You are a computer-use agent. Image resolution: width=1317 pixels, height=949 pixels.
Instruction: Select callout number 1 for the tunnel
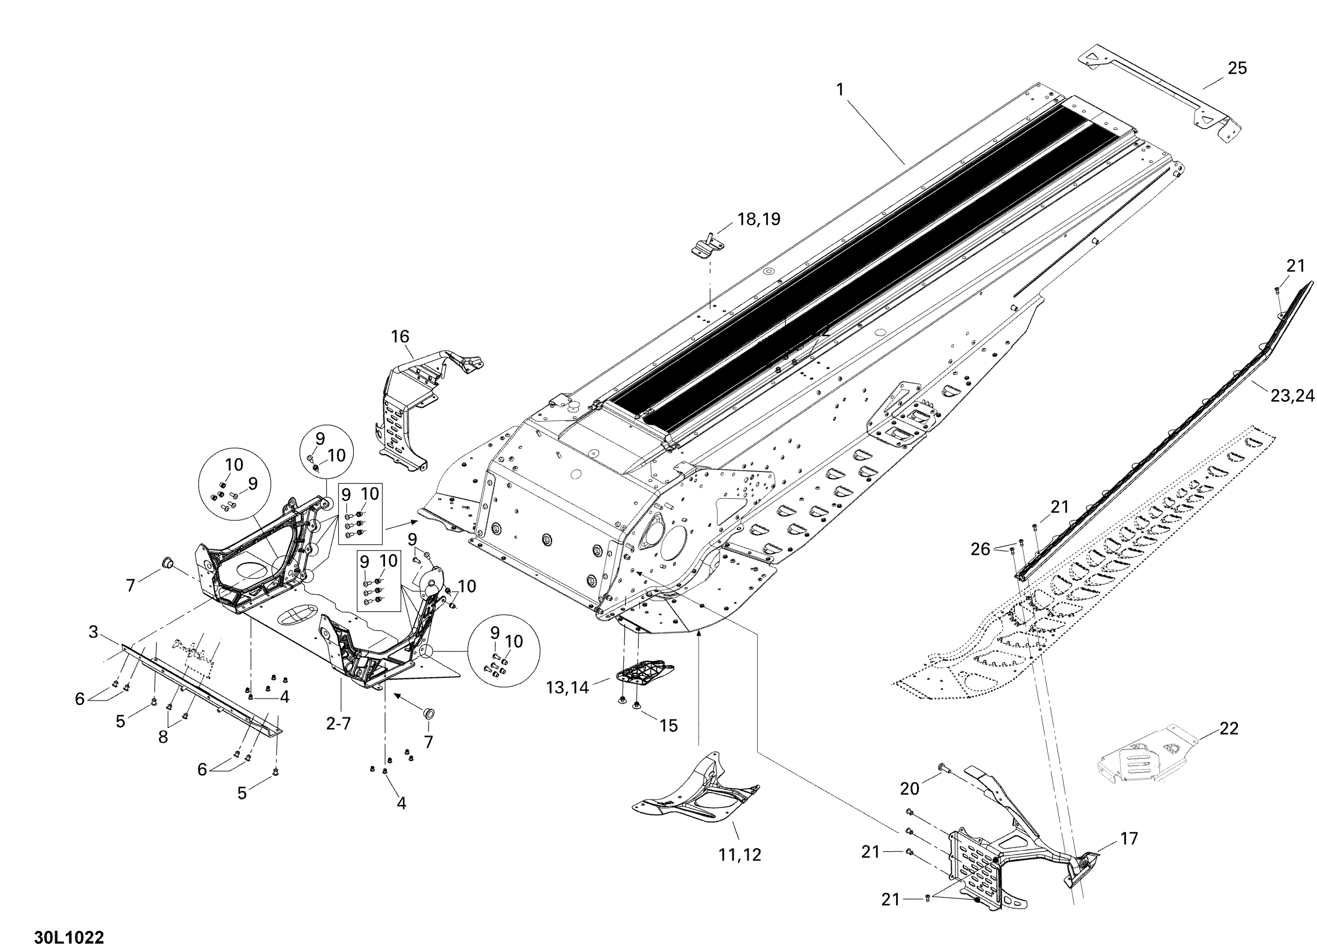(840, 90)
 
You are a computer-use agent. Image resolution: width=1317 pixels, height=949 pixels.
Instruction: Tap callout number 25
(1237, 69)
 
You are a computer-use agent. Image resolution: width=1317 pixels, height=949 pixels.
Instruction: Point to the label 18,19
(759, 219)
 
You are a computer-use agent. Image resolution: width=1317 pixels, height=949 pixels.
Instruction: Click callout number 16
(400, 336)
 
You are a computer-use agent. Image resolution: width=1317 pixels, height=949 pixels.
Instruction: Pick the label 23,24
(1292, 396)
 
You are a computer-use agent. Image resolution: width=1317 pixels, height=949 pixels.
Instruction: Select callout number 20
(909, 788)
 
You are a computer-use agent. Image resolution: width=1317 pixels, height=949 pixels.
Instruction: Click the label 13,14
(567, 688)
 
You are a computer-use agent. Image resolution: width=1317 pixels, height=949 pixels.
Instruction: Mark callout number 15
(668, 725)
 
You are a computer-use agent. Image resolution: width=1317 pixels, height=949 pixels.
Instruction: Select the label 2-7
(338, 724)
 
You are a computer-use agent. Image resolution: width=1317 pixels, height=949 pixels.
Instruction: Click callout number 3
(94, 632)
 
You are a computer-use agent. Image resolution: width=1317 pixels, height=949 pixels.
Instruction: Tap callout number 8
(163, 736)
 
